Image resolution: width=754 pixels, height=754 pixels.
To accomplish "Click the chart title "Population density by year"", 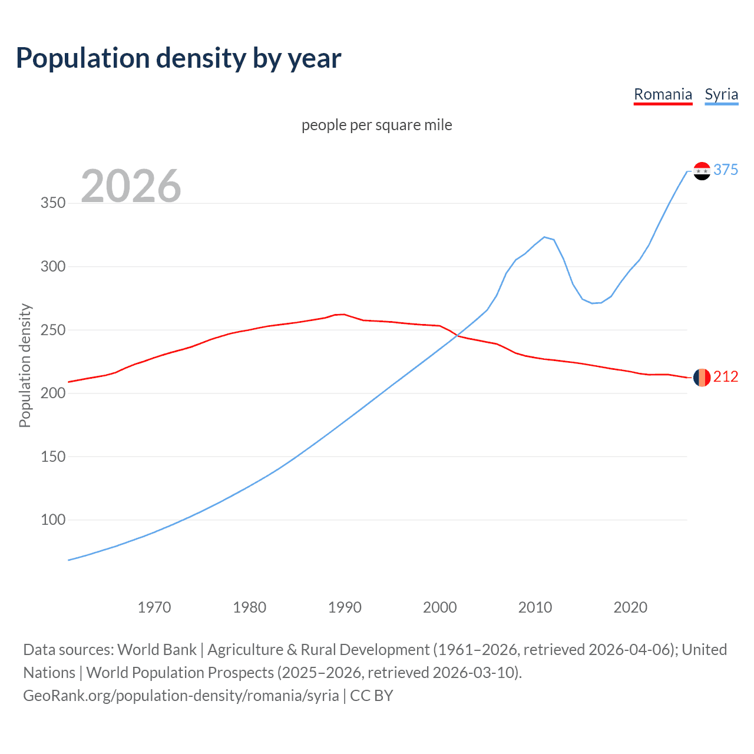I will tap(178, 58).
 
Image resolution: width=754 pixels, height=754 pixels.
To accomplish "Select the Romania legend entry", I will tap(663, 94).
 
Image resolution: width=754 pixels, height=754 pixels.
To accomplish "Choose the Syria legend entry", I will tap(721, 94).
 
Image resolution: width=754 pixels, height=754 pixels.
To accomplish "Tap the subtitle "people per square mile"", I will tap(376, 125).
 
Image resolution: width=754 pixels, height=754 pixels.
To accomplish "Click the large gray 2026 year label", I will tap(131, 186).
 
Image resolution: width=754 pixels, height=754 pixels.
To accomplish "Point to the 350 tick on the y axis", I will tap(53, 203).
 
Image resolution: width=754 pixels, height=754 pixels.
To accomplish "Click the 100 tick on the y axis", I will tap(53, 520).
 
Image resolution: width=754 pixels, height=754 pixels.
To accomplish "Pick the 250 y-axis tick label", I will tap(53, 330).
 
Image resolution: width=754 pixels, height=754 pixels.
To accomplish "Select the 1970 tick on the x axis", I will tap(154, 607).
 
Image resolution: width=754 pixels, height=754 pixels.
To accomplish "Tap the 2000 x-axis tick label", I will tap(439, 607).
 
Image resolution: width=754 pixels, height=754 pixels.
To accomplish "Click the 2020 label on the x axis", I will tap(630, 607).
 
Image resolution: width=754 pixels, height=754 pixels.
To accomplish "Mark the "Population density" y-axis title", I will tap(25, 365).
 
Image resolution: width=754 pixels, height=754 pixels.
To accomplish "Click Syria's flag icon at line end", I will tap(702, 171).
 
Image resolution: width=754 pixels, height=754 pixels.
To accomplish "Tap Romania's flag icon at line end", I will tap(702, 378).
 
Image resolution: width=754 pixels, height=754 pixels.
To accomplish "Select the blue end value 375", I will tap(726, 170).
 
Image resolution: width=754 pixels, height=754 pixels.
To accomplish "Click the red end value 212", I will tap(726, 377).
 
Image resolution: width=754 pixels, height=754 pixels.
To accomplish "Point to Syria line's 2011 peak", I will tap(544, 237).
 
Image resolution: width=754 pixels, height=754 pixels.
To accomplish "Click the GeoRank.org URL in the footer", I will tap(181, 696).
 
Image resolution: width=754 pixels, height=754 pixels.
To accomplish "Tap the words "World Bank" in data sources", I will tap(157, 650).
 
